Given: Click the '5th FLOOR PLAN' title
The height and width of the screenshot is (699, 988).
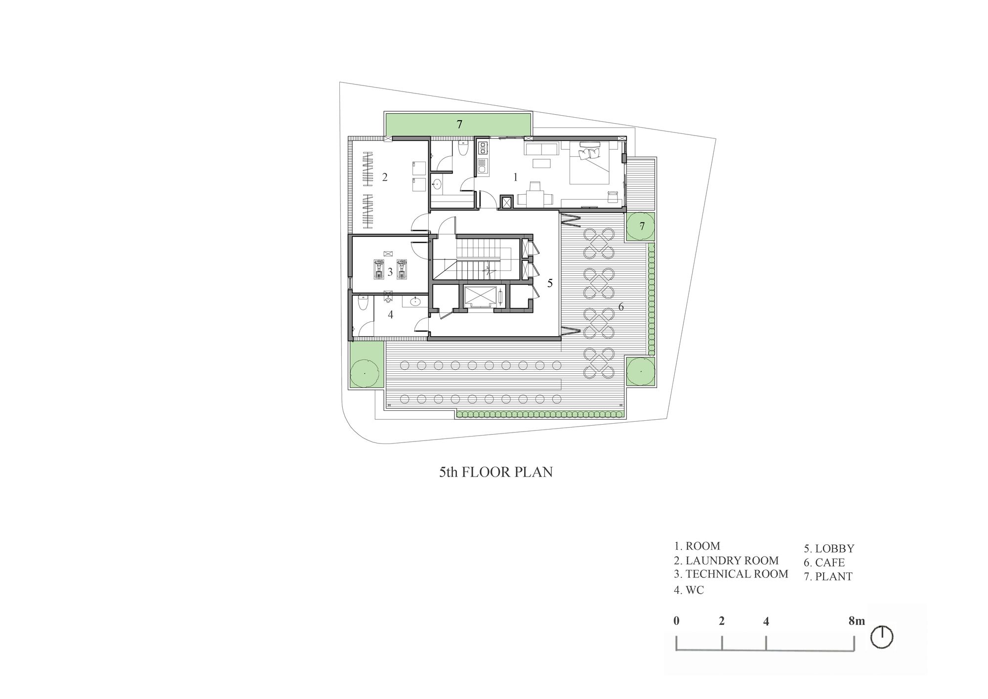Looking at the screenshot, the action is (496, 472).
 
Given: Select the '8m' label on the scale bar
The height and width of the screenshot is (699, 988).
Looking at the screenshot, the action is (857, 621).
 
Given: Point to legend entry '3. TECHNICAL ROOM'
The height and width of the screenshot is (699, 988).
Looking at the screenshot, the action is (731, 574).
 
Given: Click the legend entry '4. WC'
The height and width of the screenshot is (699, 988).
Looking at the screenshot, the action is (689, 590).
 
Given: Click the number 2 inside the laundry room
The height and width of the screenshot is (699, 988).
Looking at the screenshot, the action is (385, 176).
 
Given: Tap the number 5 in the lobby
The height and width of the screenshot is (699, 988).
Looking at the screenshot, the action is (550, 283).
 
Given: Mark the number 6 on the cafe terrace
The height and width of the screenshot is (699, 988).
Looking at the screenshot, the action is (621, 307).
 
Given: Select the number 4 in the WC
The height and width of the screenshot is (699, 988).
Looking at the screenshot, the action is (390, 314).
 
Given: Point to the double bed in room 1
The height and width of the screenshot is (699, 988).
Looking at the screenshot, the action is (590, 163).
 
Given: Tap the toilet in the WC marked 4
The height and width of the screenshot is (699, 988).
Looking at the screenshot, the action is (362, 303).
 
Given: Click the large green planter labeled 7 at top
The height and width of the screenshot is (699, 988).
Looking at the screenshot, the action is (458, 124).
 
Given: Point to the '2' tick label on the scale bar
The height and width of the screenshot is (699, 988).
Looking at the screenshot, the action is (722, 621).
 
